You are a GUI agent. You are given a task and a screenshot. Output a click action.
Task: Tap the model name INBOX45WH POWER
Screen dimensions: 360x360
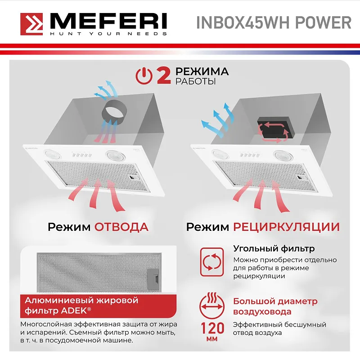pos(273,22)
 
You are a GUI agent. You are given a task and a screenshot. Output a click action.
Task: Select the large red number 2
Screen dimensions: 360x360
pos(163,76)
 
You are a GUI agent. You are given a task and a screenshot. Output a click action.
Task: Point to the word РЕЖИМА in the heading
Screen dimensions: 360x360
pos(202,72)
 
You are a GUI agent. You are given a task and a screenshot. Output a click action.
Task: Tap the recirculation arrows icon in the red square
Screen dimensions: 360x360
pos(211,261)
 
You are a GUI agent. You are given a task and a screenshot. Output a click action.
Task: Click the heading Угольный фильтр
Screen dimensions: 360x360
pos(274,248)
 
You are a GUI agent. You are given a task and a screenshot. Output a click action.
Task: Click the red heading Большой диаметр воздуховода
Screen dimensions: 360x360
pos(275,306)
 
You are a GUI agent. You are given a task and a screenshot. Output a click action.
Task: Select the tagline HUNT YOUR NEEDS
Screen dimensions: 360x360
pos(108,34)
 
